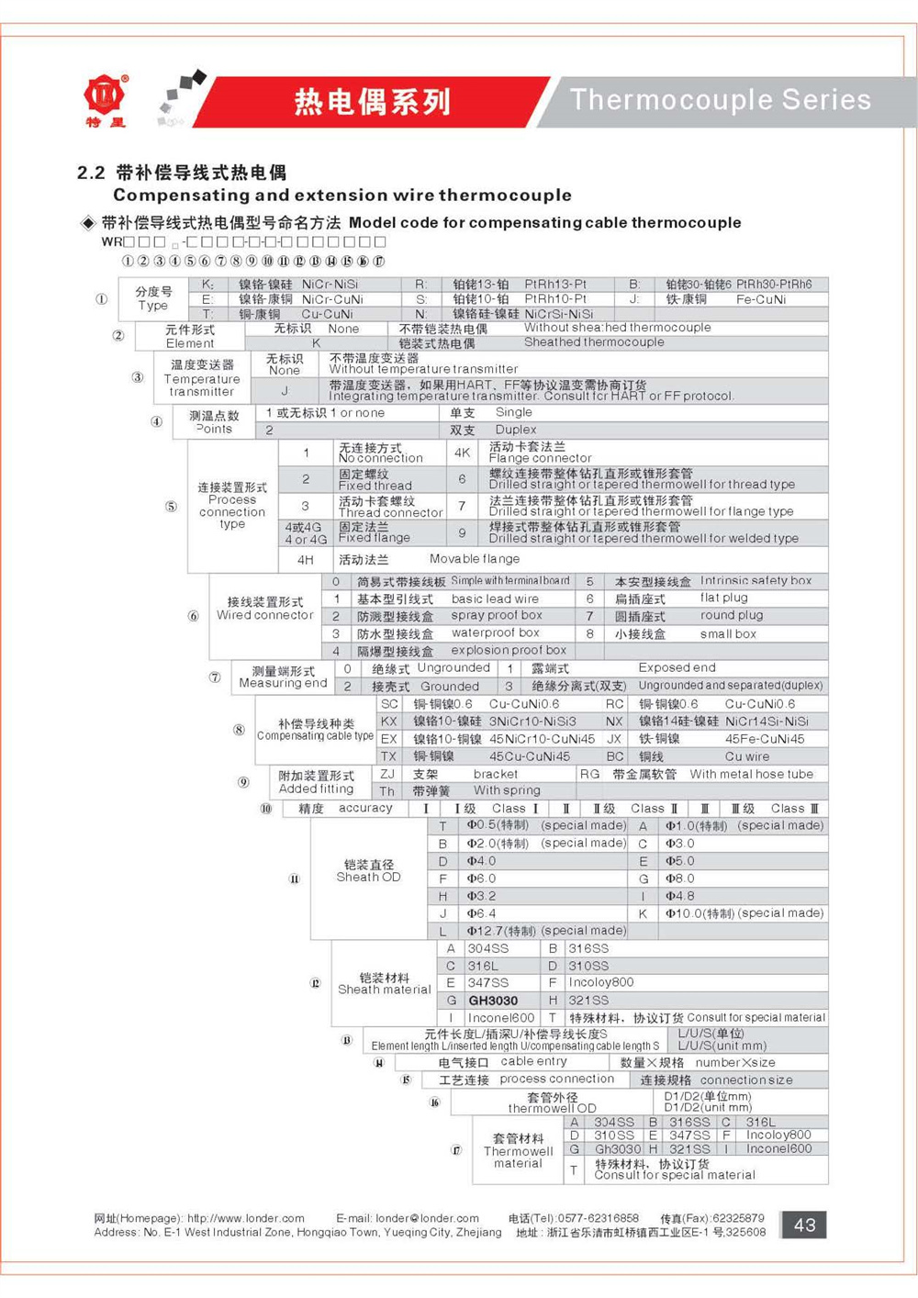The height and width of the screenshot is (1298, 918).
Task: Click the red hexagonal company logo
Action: click(106, 95)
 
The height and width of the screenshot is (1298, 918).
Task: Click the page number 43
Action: click(804, 1225)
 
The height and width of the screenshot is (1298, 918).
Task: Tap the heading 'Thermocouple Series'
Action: click(721, 99)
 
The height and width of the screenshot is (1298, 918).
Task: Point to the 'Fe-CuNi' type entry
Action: click(761, 299)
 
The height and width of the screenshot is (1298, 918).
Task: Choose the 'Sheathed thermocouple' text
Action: click(594, 342)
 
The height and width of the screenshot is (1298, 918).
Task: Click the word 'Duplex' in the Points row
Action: click(516, 430)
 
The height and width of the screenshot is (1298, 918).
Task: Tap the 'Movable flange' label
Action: click(475, 559)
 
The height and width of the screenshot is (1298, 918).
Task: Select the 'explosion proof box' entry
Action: click(509, 650)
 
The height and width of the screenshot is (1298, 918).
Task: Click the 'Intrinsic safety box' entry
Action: click(756, 581)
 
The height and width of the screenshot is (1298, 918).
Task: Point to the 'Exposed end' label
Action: click(677, 668)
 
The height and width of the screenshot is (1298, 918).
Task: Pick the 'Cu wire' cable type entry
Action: click(747, 756)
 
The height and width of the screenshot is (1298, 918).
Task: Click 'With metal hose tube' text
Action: click(751, 774)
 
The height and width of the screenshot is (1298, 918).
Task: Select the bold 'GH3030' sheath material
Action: click(493, 1001)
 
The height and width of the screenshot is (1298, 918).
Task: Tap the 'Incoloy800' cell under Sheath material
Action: click(601, 982)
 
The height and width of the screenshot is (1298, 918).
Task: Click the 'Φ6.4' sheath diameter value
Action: click(481, 913)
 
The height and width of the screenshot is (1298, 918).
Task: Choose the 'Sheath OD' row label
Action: click(368, 878)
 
